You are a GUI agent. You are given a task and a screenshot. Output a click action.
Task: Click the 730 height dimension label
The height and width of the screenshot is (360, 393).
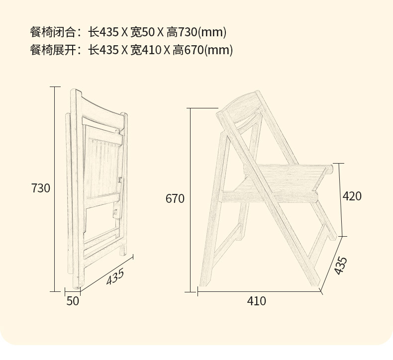point(41,188)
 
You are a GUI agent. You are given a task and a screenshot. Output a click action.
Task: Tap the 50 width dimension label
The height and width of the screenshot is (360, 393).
point(73,301)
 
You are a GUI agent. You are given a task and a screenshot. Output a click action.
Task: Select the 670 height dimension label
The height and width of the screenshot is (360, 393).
point(175,199)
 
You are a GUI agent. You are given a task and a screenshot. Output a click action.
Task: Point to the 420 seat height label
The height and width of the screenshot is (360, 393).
point(352,196)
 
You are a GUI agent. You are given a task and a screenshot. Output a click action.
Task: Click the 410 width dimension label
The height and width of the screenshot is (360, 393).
point(257,301)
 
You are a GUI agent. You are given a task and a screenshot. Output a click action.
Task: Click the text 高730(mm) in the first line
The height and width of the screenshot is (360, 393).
point(197,33)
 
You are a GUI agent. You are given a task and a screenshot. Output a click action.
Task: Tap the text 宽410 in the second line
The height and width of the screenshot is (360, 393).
point(145,50)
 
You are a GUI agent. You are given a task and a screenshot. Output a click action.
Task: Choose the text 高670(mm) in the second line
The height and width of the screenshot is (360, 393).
point(203,50)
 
